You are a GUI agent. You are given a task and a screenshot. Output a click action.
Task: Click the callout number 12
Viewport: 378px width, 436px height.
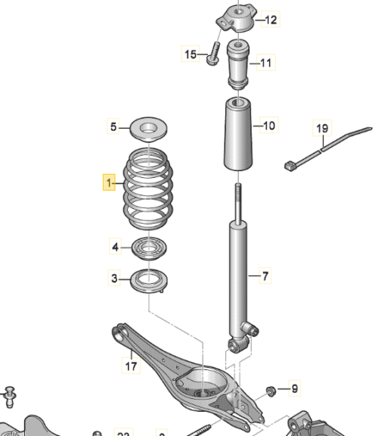[271, 20]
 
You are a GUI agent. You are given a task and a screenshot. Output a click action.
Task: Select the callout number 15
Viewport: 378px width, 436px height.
[191, 54]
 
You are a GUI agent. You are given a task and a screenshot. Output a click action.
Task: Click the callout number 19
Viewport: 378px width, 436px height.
[323, 129]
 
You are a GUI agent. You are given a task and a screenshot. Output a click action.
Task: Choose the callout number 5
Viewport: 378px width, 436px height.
[114, 128]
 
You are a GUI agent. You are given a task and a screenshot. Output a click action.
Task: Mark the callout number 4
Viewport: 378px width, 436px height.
[115, 247]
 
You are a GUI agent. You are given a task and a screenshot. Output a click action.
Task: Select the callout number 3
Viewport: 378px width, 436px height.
[115, 279]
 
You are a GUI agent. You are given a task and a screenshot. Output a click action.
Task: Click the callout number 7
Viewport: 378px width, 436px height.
[265, 278]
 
